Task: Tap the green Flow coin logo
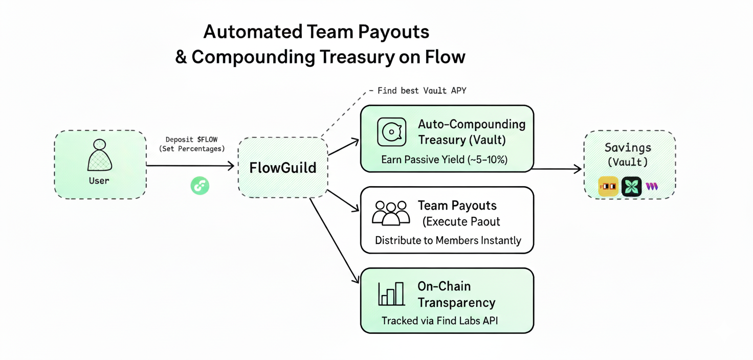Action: click(200, 186)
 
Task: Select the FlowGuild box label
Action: click(282, 168)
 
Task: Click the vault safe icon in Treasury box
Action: click(391, 132)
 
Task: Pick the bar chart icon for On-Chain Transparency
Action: click(391, 294)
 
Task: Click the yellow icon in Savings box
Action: click(608, 187)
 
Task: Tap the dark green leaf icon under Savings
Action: click(631, 187)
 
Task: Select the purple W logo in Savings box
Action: click(651, 187)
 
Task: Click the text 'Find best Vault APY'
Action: click(422, 91)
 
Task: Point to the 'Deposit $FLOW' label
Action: click(191, 140)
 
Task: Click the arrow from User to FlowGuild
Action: click(189, 165)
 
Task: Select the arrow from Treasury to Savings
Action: click(558, 168)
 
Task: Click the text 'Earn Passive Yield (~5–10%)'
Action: click(444, 160)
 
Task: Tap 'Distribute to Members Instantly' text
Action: click(448, 240)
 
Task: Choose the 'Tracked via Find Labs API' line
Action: click(439, 321)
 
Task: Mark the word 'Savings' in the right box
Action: click(628, 148)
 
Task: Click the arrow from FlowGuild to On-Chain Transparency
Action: click(335, 240)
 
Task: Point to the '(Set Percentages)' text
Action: click(191, 149)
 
